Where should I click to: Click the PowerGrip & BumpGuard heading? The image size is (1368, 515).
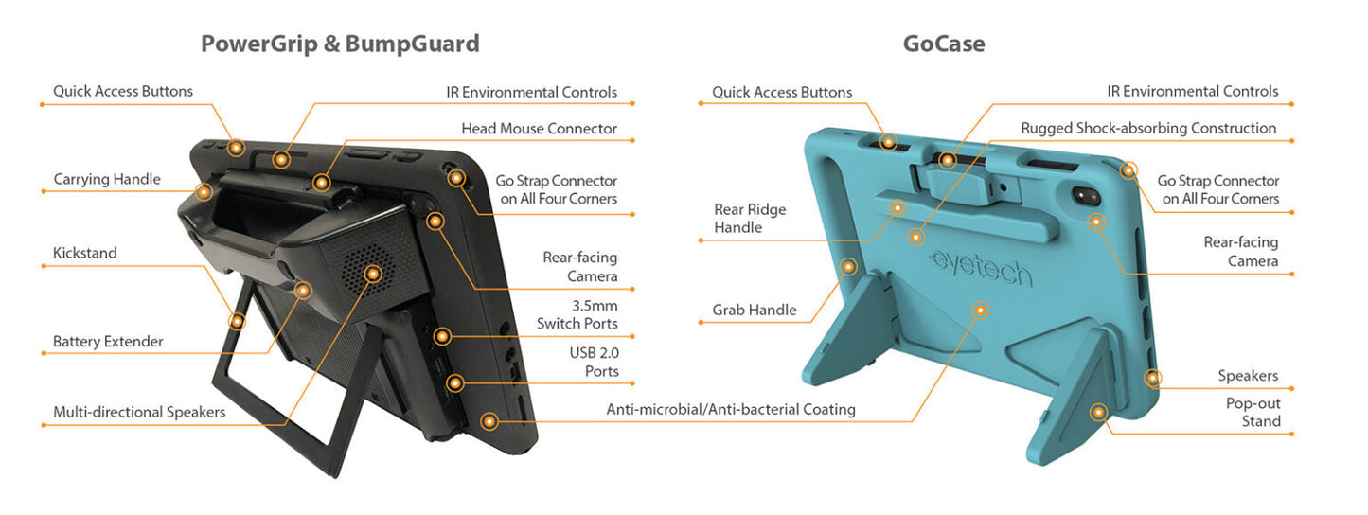click(x=339, y=44)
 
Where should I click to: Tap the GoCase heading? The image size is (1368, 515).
click(x=943, y=44)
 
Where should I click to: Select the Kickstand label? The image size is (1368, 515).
click(x=84, y=253)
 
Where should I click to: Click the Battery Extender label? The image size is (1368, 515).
click(x=108, y=341)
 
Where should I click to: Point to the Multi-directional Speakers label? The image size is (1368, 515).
click(x=139, y=412)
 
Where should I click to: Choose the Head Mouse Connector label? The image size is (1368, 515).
click(x=539, y=128)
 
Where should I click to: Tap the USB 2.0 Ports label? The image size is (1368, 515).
click(x=594, y=362)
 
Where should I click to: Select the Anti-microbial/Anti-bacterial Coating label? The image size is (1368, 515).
click(x=730, y=409)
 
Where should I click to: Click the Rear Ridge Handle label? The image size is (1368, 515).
click(x=750, y=219)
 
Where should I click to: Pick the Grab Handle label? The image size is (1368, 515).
click(x=754, y=310)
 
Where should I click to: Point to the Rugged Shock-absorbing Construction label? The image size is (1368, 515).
click(x=1147, y=128)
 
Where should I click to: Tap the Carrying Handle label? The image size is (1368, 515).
click(x=107, y=179)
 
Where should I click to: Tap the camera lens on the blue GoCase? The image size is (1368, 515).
click(x=1086, y=196)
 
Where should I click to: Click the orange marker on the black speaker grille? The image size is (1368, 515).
click(x=373, y=274)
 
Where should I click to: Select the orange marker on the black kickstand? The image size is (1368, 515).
click(x=238, y=321)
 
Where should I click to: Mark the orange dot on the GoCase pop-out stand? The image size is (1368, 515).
click(x=1098, y=413)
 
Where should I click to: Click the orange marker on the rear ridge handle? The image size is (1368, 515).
click(x=896, y=205)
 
